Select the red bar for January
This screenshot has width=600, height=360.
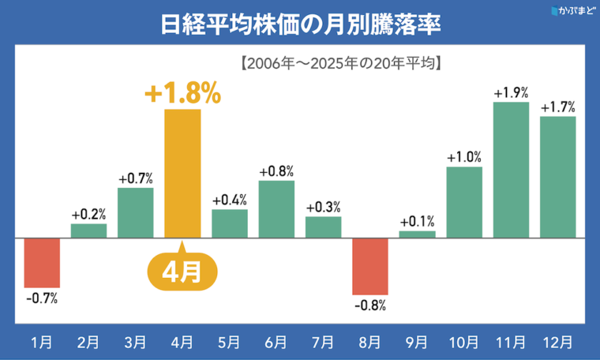(x=42, y=262)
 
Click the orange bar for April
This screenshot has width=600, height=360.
(x=182, y=174)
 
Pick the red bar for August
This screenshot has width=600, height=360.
(x=369, y=265)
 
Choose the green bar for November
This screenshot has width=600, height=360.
(x=510, y=170)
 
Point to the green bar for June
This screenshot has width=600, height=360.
(x=276, y=209)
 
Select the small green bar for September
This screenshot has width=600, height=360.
(x=417, y=234)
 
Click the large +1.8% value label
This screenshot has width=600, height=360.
(x=182, y=94)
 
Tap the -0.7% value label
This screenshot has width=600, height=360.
(x=42, y=298)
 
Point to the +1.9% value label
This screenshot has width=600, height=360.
(x=510, y=92)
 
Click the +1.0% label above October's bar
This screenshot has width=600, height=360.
(x=463, y=157)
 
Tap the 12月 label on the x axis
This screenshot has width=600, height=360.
(x=557, y=342)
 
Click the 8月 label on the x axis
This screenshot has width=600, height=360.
(x=369, y=342)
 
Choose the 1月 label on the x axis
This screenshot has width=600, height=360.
(x=42, y=342)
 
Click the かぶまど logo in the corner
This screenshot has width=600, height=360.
(x=572, y=11)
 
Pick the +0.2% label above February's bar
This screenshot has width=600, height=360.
(x=88, y=214)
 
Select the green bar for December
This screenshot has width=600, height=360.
(x=557, y=177)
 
